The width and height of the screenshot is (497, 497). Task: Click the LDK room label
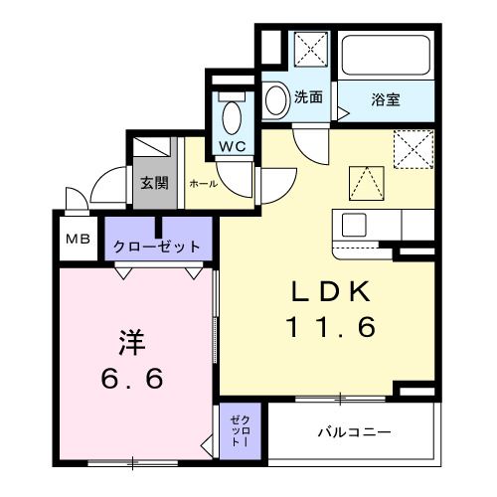pyautogui.click(x=330, y=291)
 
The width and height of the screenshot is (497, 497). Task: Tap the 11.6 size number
pyautogui.click(x=330, y=327)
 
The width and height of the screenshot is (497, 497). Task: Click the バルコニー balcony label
pyautogui.click(x=354, y=432)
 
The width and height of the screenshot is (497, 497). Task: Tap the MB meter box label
pyautogui.click(x=76, y=240)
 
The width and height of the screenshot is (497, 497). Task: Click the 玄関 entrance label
pyautogui.click(x=153, y=184)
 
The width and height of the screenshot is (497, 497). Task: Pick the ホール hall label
pyautogui.click(x=203, y=185)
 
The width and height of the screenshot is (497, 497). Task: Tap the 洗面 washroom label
pyautogui.click(x=308, y=97)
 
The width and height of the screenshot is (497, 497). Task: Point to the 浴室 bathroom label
pyautogui.click(x=386, y=99)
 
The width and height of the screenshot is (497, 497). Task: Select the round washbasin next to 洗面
pyautogui.click(x=276, y=99)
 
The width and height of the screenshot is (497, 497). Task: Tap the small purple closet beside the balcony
pyautogui.click(x=240, y=433)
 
